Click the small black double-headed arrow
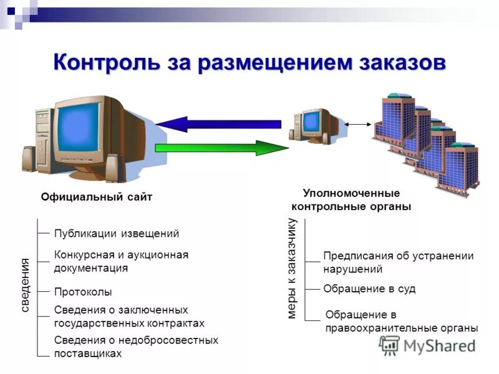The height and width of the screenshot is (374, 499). point(357,125)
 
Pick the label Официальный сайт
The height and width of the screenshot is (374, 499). point(97,197)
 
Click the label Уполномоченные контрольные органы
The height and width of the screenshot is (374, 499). point(351,200)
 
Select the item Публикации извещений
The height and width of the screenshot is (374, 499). point(117,234)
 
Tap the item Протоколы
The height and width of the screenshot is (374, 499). point(83,292)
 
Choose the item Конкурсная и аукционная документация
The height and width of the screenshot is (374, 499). point(121,261)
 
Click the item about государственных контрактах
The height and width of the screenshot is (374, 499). point(129,317)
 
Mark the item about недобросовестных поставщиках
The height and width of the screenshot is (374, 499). point(136,347)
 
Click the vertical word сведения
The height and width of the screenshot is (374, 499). point(26,284)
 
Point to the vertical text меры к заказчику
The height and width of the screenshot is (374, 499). point(291,269)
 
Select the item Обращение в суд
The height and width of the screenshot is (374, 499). point(369,289)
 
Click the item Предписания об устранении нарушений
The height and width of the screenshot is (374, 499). point(398,262)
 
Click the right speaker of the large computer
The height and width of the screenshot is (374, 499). point(112,167)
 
